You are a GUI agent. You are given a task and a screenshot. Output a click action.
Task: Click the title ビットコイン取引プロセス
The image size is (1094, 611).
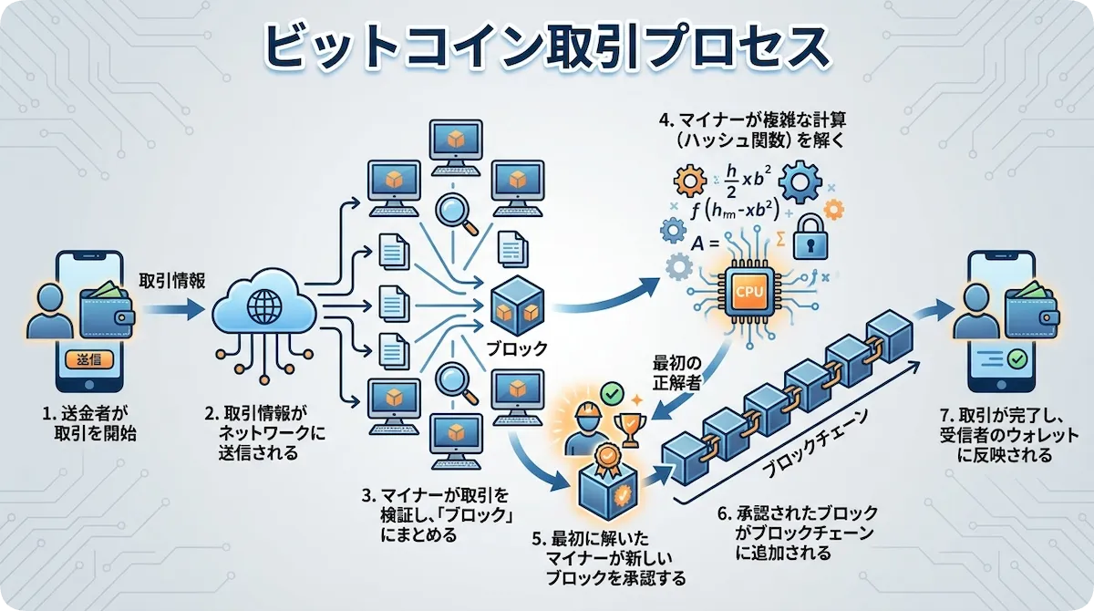[x=546, y=47]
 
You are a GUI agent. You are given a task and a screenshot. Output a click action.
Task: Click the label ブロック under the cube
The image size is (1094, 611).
[x=516, y=347]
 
